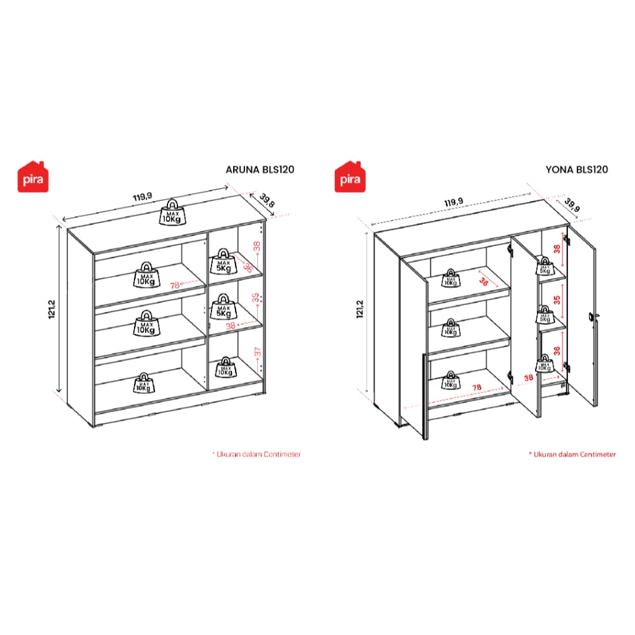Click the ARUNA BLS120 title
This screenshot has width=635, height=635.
pos(259,169)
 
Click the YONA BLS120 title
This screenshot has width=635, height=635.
pos(576,169)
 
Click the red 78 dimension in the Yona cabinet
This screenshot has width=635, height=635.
pos(477,388)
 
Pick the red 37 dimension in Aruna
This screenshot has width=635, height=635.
pos(257,353)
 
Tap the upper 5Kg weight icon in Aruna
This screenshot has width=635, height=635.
pos(221,262)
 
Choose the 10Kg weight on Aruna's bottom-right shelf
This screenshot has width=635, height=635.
pos(224,368)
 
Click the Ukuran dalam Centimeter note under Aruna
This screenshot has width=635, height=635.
pos(257,455)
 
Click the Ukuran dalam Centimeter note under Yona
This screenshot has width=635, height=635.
pos(572,455)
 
